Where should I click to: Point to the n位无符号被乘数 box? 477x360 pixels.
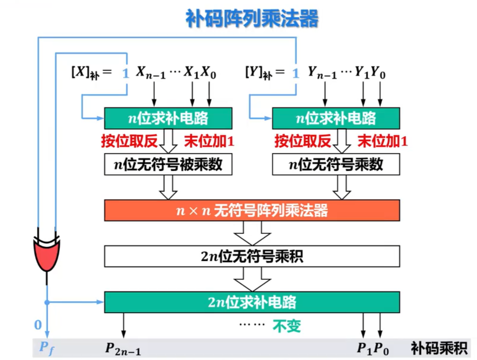[168, 164]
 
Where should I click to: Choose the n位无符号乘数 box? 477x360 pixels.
[336, 164]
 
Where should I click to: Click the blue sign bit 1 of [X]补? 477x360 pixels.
[126, 73]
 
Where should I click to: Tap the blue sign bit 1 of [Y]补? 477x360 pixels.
[295, 73]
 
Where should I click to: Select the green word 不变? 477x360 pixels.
[287, 326]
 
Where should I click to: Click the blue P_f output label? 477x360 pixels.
[47, 348]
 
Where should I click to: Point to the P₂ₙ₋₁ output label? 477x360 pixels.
[123, 349]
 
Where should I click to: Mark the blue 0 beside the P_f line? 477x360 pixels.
[38, 325]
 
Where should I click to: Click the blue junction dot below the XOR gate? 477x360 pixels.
[47, 302]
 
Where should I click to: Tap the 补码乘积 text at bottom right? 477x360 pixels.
[439, 348]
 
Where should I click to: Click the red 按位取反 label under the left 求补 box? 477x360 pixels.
[129, 141]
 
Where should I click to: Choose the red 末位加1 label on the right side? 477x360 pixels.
[383, 141]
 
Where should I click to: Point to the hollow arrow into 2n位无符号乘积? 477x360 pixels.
[252, 233]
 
